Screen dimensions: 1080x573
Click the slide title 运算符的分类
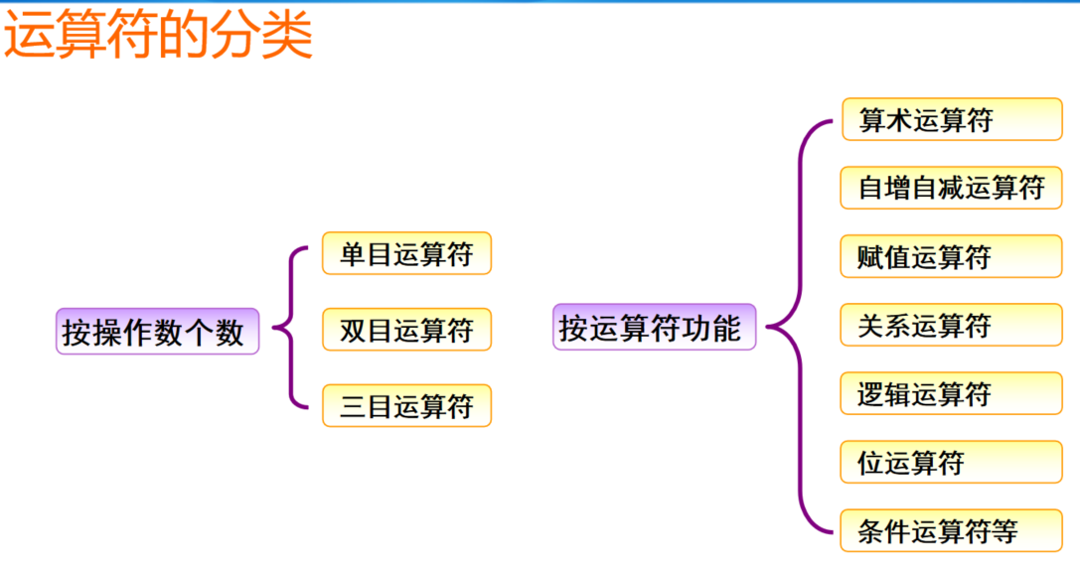click(x=159, y=37)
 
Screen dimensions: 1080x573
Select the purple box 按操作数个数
click(x=156, y=332)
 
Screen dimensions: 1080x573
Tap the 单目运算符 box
click(x=406, y=254)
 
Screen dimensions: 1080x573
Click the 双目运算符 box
click(x=406, y=330)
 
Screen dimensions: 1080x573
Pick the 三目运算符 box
click(x=406, y=406)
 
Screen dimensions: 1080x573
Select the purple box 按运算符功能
click(x=653, y=328)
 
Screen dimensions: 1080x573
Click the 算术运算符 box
click(x=951, y=120)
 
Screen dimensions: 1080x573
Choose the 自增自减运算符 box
click(x=951, y=188)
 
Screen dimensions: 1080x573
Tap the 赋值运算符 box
click(x=951, y=257)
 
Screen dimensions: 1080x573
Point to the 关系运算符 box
click(x=951, y=326)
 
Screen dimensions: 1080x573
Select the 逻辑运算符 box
click(x=951, y=394)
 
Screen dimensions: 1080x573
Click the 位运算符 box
click(x=951, y=463)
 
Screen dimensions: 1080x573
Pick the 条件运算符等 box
click(x=951, y=531)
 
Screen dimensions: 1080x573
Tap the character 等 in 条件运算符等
click(x=1005, y=532)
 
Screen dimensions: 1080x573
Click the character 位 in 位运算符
click(x=870, y=464)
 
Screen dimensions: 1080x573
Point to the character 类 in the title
click(x=288, y=37)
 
